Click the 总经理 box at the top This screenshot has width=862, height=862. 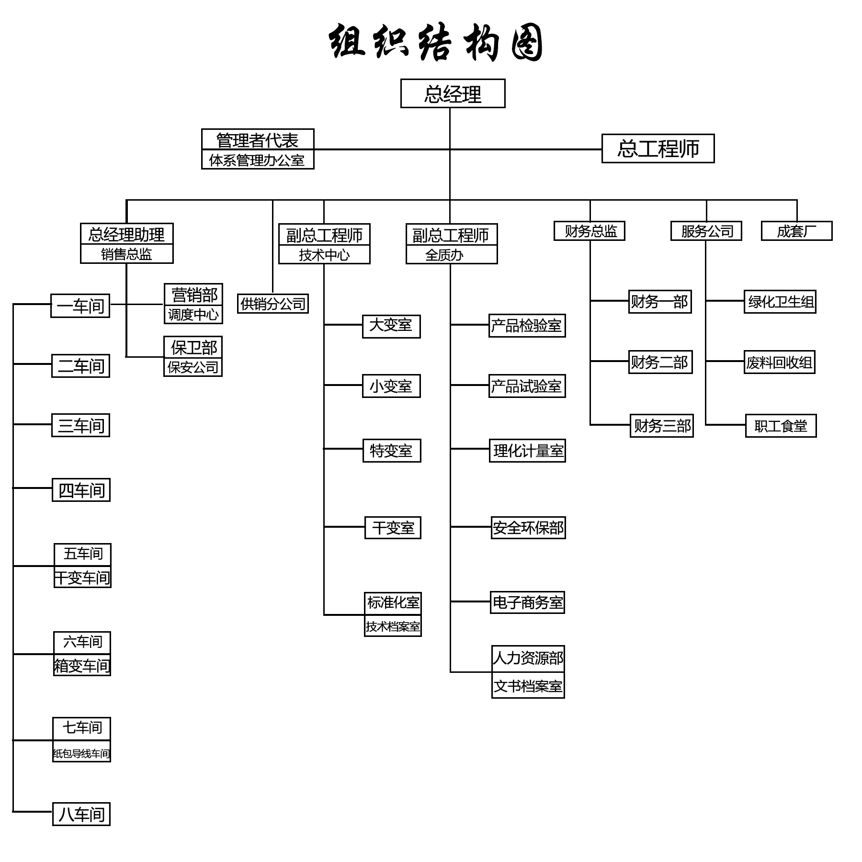(453, 93)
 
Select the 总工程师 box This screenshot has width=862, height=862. (658, 148)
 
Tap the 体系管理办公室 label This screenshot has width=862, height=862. (257, 160)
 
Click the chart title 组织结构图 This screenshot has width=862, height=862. (436, 43)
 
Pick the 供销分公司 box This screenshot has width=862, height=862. (272, 304)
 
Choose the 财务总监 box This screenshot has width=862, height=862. (589, 231)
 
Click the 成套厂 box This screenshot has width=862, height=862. (796, 231)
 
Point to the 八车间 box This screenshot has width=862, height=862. (81, 814)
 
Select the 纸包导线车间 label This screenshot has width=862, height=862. (81, 753)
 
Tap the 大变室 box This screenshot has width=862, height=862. (391, 326)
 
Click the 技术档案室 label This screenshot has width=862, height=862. (393, 626)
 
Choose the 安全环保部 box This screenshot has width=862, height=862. (528, 528)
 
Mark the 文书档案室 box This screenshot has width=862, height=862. (528, 686)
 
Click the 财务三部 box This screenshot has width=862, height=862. (662, 426)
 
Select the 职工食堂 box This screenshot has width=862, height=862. (781, 426)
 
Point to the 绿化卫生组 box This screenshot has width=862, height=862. (780, 302)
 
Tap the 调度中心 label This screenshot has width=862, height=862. (193, 315)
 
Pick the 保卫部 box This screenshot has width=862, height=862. (193, 347)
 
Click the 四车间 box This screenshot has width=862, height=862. (81, 490)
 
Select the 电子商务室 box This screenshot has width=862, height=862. (527, 602)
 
